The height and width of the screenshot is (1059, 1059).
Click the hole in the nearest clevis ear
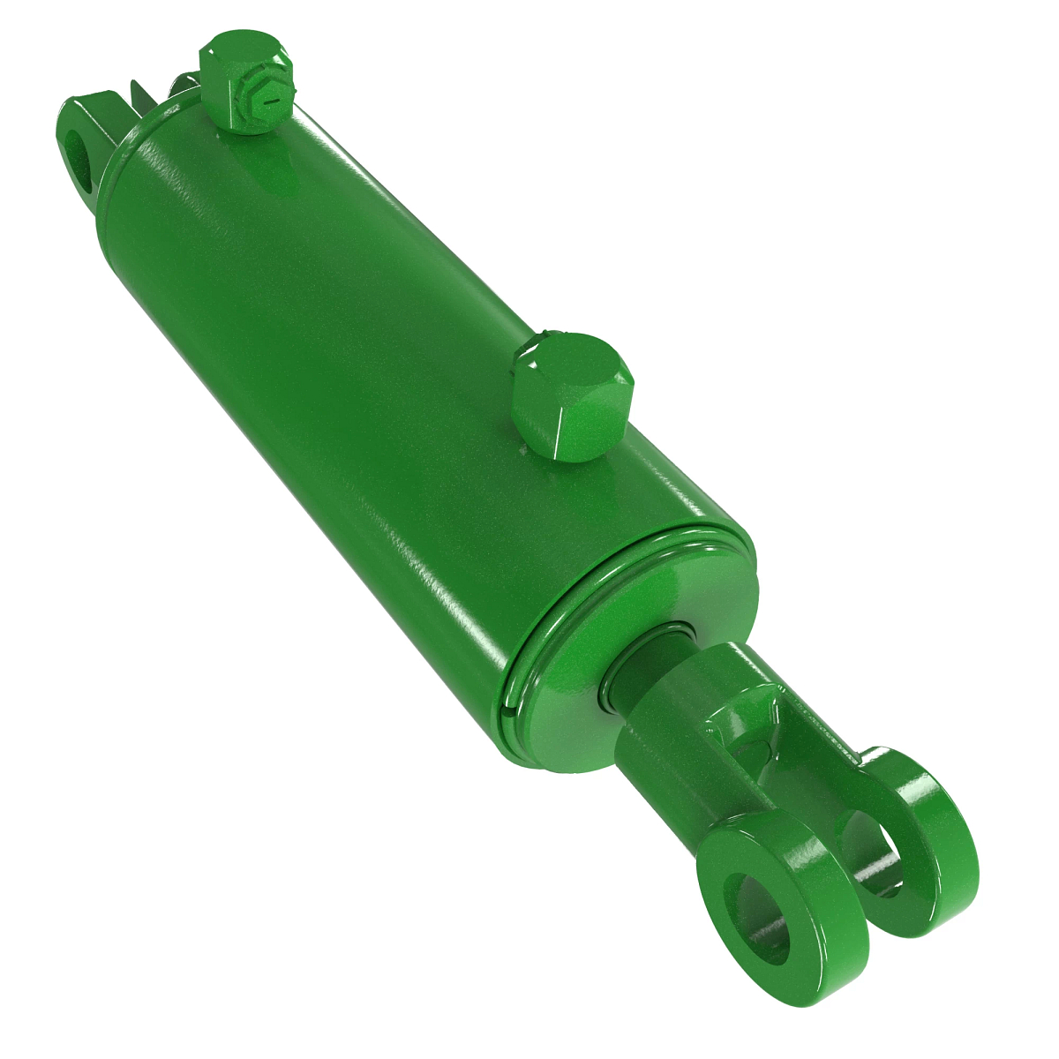(x=757, y=918)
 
